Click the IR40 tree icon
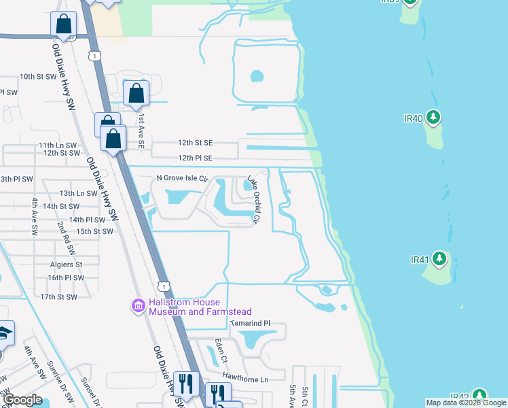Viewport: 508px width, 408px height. tap(433, 118)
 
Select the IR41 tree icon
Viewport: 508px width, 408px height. tap(439, 259)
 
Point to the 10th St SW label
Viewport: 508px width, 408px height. tap(38, 77)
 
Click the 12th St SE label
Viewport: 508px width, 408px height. tap(195, 143)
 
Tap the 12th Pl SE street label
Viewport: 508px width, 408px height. tap(195, 158)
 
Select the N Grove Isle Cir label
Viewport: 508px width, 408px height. tap(181, 178)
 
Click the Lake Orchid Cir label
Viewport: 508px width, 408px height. tap(253, 199)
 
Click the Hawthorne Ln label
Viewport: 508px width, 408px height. tap(245, 379)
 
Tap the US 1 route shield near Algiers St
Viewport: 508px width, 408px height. tap(162, 284)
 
